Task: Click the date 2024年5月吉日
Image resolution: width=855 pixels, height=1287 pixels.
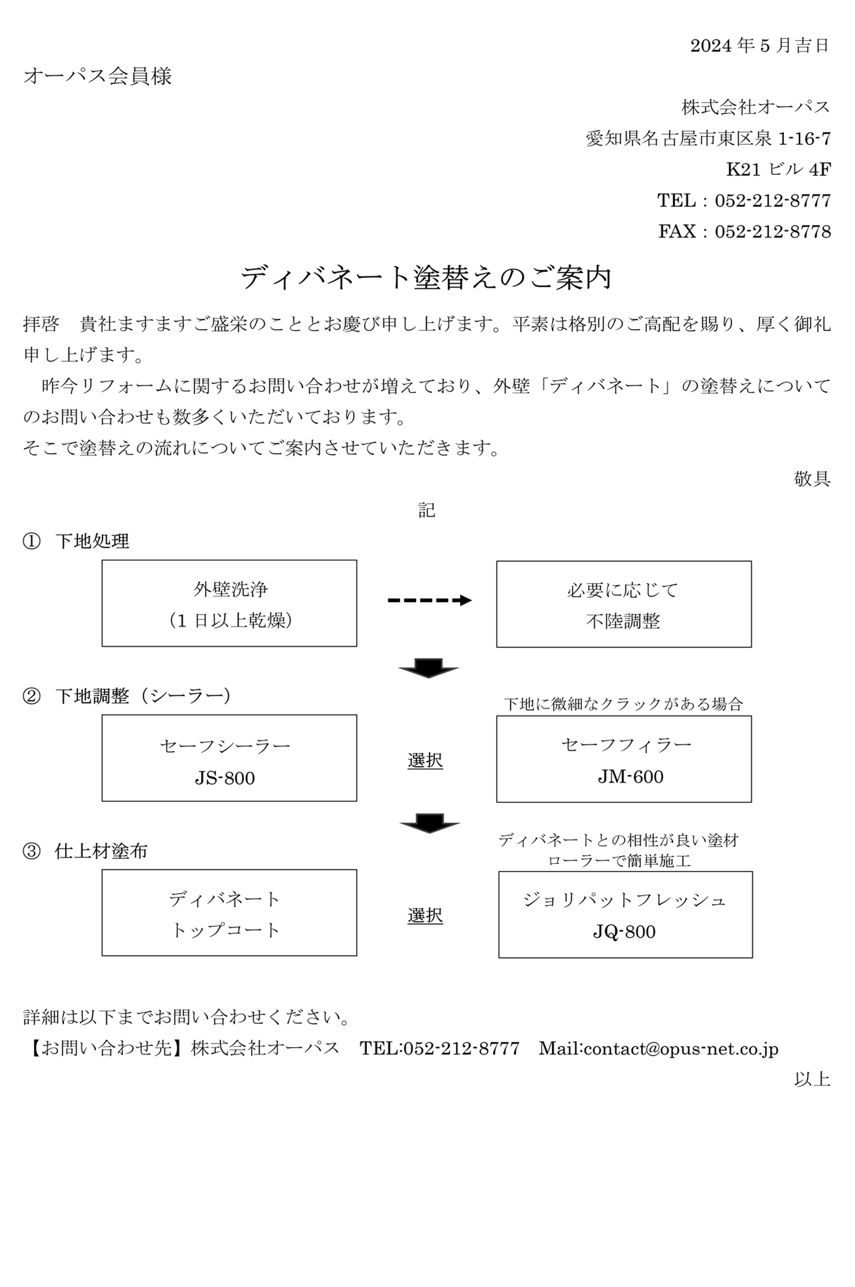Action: point(760,45)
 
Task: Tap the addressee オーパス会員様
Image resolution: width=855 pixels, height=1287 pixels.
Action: point(97,76)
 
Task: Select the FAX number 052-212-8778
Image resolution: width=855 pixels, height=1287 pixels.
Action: point(773,232)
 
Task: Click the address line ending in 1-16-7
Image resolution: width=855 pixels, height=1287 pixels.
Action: point(708,138)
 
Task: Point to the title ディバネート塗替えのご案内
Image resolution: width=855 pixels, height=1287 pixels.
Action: point(426,277)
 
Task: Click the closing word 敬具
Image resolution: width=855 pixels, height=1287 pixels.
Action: point(812,479)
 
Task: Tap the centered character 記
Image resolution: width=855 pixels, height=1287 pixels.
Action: point(427,510)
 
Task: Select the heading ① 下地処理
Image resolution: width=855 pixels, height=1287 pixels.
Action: point(76,541)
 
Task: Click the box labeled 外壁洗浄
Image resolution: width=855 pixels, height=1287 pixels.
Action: point(229,603)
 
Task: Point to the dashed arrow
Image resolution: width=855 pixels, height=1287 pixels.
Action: point(430,600)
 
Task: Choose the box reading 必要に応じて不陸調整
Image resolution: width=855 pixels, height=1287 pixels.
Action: point(623,604)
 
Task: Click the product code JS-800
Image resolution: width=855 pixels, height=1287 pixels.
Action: point(225,778)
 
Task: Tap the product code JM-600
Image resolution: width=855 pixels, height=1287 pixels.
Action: point(631,777)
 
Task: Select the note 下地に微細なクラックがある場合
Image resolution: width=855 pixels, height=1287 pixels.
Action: point(623,704)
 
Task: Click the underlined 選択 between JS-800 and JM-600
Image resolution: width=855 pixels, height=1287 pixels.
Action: point(425,761)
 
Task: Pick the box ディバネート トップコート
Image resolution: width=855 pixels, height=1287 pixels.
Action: point(229,912)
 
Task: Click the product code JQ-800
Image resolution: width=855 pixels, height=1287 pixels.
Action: point(624,932)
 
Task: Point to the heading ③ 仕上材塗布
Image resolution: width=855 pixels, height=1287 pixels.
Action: point(85,851)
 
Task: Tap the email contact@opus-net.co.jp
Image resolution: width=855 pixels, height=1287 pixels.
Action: point(681,1049)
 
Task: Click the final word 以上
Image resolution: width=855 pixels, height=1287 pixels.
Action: point(812,1079)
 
